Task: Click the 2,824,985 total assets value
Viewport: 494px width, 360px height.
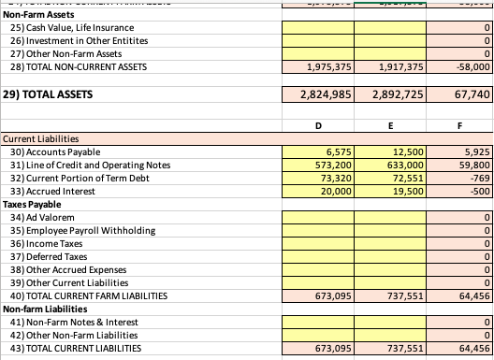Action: [x=318, y=94]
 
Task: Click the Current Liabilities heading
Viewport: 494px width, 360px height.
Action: [x=43, y=138]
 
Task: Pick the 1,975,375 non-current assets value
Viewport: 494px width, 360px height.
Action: [x=319, y=67]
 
